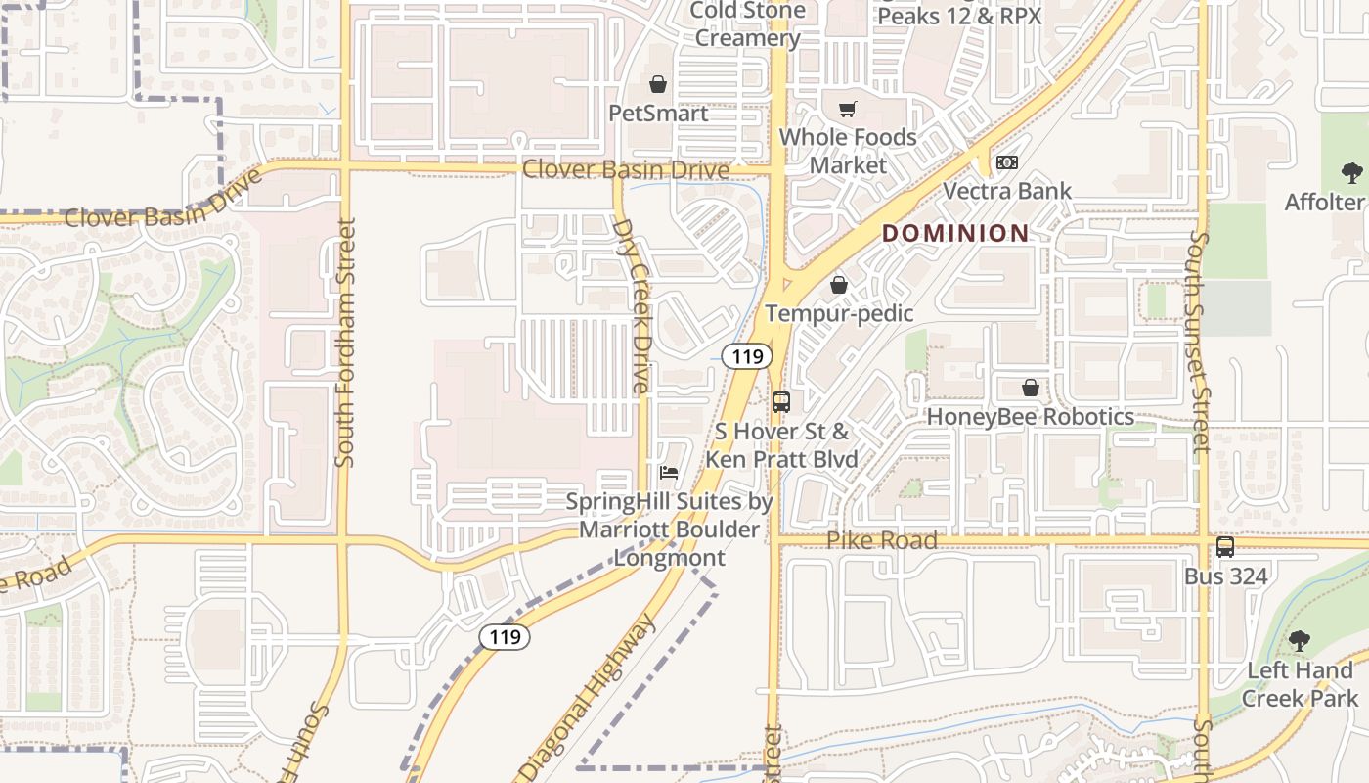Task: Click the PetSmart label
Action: [x=658, y=114]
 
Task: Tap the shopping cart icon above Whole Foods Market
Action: [x=847, y=109]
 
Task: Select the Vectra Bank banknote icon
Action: [x=1006, y=162]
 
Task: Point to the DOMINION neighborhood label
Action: [x=955, y=233]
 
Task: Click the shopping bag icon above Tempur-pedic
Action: [x=838, y=286]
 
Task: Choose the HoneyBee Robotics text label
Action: [x=1030, y=417]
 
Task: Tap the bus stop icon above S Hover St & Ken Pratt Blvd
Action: [x=780, y=401]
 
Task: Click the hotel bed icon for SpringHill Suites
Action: [x=669, y=473]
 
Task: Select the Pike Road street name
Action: [x=881, y=540]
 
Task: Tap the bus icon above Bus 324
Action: [x=1224, y=547]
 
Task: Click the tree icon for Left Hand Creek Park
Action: [x=1299, y=642]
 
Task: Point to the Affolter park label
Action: [x=1325, y=203]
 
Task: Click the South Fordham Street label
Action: [x=344, y=343]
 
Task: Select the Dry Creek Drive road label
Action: [x=632, y=305]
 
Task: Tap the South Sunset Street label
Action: [x=1200, y=343]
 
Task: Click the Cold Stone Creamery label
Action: [x=746, y=24]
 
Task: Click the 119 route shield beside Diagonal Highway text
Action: [x=505, y=637]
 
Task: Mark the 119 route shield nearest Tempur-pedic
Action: [x=747, y=356]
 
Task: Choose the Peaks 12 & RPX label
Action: [x=958, y=15]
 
